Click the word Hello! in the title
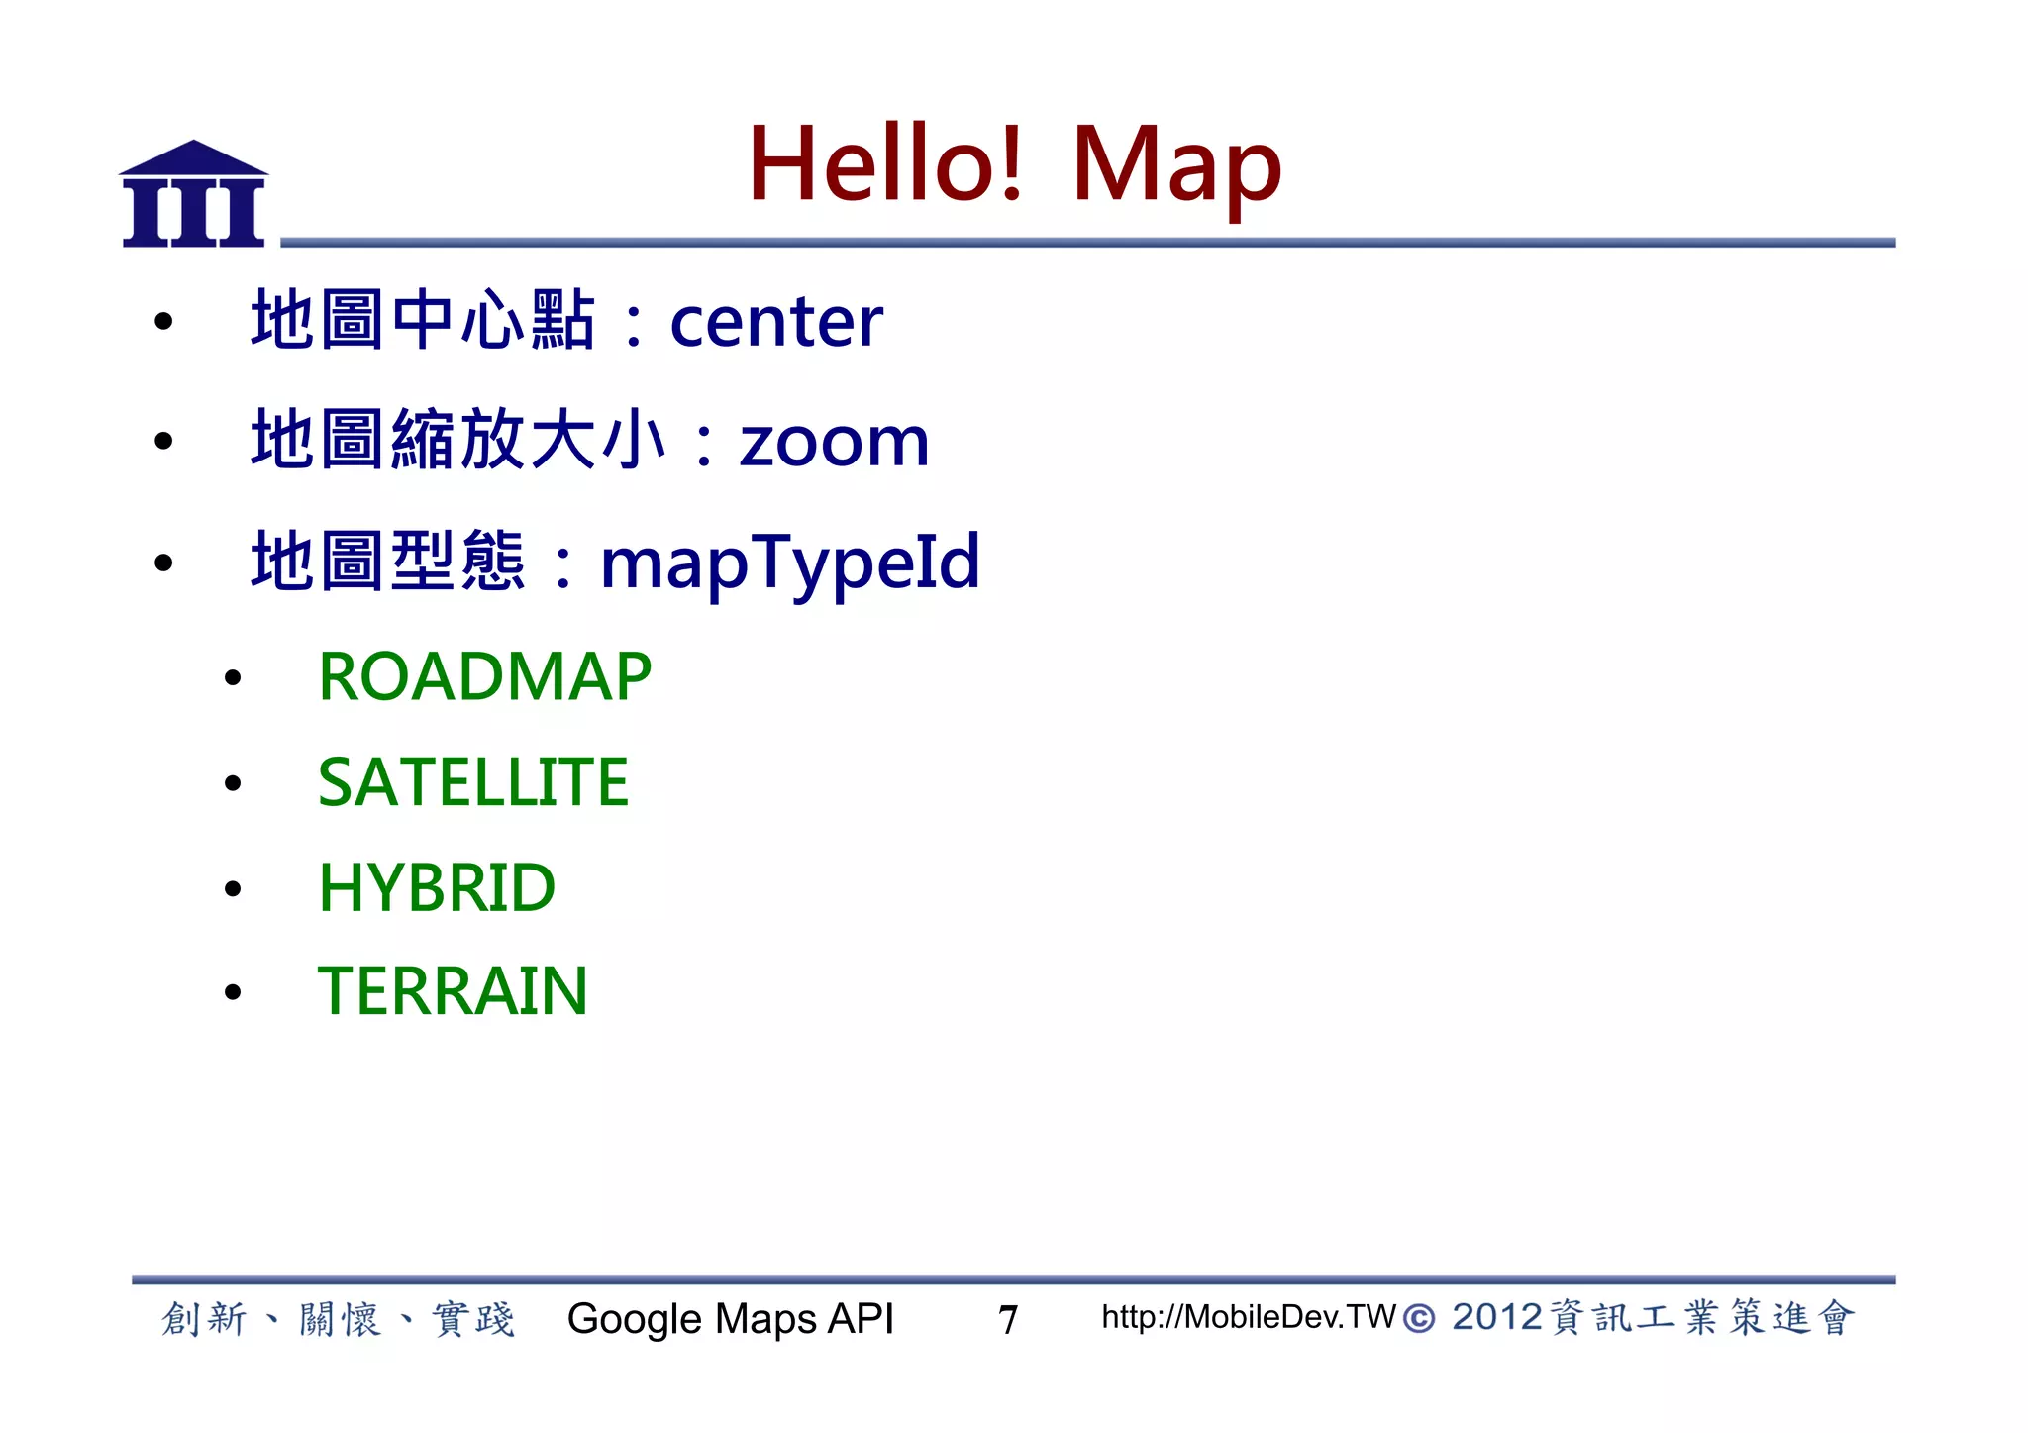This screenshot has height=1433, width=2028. pyautogui.click(x=884, y=164)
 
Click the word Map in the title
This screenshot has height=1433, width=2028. pyautogui.click(x=1175, y=166)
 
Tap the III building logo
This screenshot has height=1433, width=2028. pyautogui.click(x=194, y=194)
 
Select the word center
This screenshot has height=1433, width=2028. pyautogui.click(x=775, y=323)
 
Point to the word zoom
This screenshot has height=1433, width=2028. pyautogui.click(x=834, y=442)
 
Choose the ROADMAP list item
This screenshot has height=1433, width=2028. pyautogui.click(x=484, y=677)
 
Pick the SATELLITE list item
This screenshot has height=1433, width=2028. pyautogui.click(x=473, y=782)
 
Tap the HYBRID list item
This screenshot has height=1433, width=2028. pyautogui.click(x=437, y=887)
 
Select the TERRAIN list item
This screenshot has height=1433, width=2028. pyautogui.click(x=453, y=991)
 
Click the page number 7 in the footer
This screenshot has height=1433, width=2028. pyautogui.click(x=1008, y=1320)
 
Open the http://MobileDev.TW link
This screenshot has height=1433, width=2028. pyautogui.click(x=1248, y=1317)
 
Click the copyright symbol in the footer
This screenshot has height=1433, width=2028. pyautogui.click(x=1419, y=1319)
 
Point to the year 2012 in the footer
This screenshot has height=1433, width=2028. pyautogui.click(x=1496, y=1318)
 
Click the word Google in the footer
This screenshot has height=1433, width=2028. pyautogui.click(x=634, y=1320)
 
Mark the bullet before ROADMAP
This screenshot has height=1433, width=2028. pyautogui.click(x=233, y=678)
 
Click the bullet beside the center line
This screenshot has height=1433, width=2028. pyautogui.click(x=163, y=322)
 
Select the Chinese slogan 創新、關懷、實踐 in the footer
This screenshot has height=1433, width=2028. pyautogui.click(x=338, y=1319)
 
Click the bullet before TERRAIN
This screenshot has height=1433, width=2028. pyautogui.click(x=233, y=992)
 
